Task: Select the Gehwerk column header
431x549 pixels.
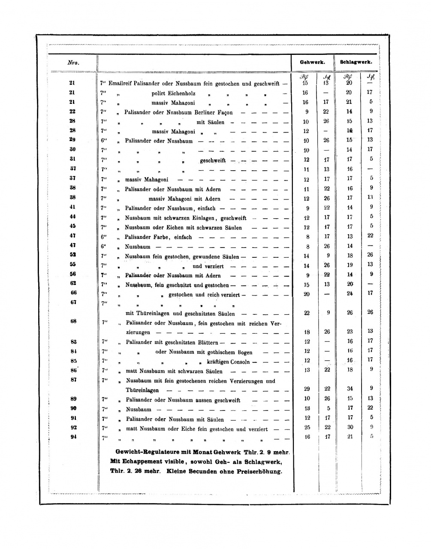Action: (312, 62)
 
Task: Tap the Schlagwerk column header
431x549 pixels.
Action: (356, 62)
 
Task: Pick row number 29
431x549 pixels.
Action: (72, 140)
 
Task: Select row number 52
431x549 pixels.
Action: (72, 255)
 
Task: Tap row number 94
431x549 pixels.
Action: (72, 437)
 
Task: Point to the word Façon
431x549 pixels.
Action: (224, 112)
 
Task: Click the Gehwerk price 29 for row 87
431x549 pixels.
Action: (307, 389)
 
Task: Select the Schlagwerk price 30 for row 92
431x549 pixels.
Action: (350, 427)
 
